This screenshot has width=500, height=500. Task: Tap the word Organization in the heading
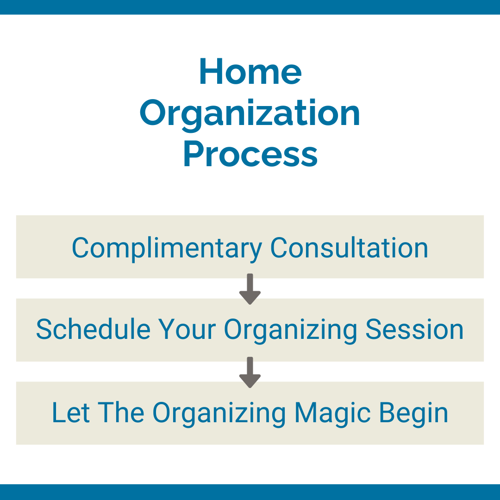pyautogui.click(x=250, y=113)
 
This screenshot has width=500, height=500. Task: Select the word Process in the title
pyautogui.click(x=250, y=155)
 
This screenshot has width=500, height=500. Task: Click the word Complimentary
pyautogui.click(x=167, y=248)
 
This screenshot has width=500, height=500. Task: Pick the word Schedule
pyautogui.click(x=93, y=330)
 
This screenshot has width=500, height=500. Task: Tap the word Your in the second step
pyautogui.click(x=187, y=330)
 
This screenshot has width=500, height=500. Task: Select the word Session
pyautogui.click(x=414, y=330)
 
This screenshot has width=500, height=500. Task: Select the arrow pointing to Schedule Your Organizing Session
pyautogui.click(x=250, y=289)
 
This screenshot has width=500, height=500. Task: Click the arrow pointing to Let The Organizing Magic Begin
pyautogui.click(x=250, y=373)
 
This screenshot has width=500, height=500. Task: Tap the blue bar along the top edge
pyautogui.click(x=250, y=7)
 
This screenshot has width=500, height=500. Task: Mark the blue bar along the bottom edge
pyautogui.click(x=250, y=492)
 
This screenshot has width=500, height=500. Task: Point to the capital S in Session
pyautogui.click(x=374, y=330)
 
